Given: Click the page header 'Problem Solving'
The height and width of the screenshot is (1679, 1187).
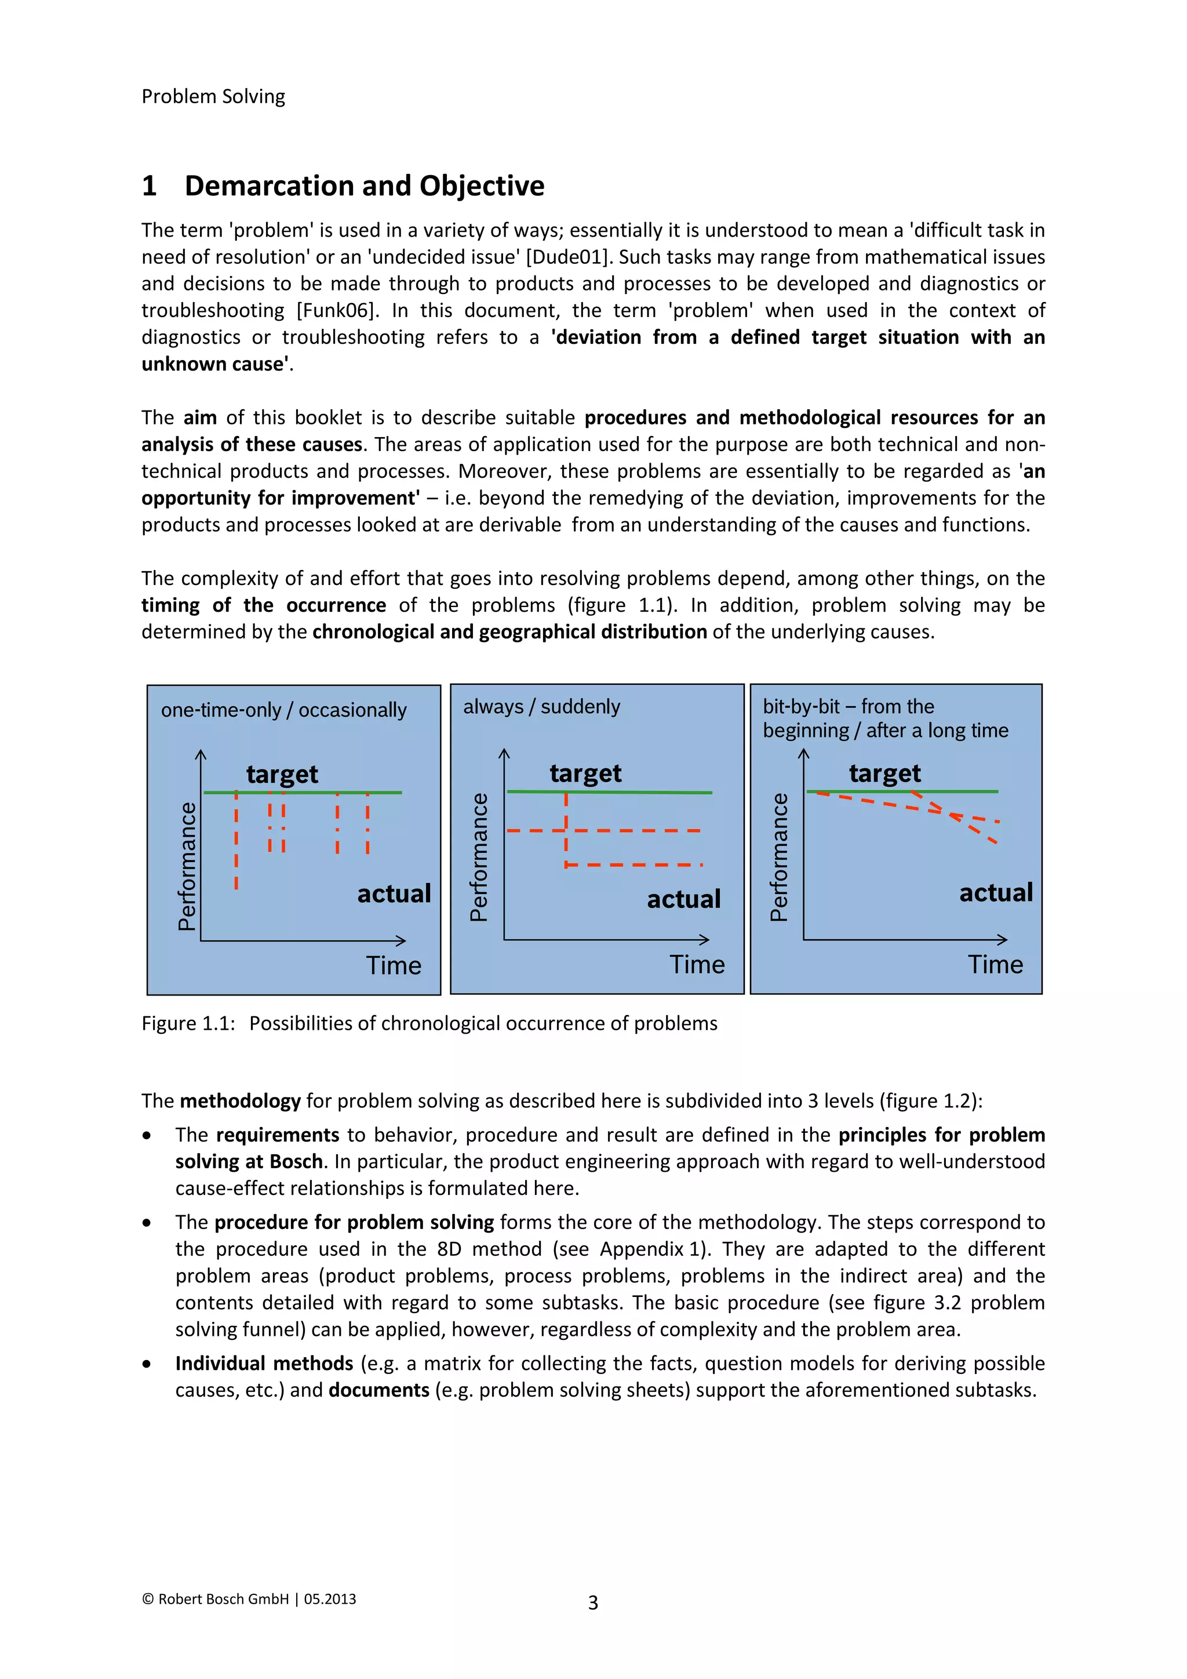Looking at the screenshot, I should point(213,96).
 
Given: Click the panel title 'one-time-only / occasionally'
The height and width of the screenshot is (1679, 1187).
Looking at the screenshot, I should point(283,710).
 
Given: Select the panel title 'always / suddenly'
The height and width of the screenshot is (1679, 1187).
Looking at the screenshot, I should point(541,706).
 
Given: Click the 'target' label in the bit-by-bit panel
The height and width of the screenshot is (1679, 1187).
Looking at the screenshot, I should point(884,773).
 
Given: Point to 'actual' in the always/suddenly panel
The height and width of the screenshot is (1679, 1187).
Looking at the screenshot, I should point(683,899).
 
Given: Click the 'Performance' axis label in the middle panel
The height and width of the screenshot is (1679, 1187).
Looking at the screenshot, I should point(479,857).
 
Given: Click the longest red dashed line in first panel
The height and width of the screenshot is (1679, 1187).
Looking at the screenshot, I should point(236,841).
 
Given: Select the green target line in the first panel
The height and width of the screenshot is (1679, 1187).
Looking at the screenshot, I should point(303,792).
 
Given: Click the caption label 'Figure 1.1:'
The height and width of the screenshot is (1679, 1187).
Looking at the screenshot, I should point(188,1023).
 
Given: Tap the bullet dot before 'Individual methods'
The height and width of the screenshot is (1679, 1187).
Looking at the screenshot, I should point(148,1364).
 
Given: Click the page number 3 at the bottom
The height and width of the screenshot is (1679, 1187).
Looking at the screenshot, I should point(593,1603).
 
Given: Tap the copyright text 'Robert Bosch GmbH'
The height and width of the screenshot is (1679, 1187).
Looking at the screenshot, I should point(223,1600).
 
